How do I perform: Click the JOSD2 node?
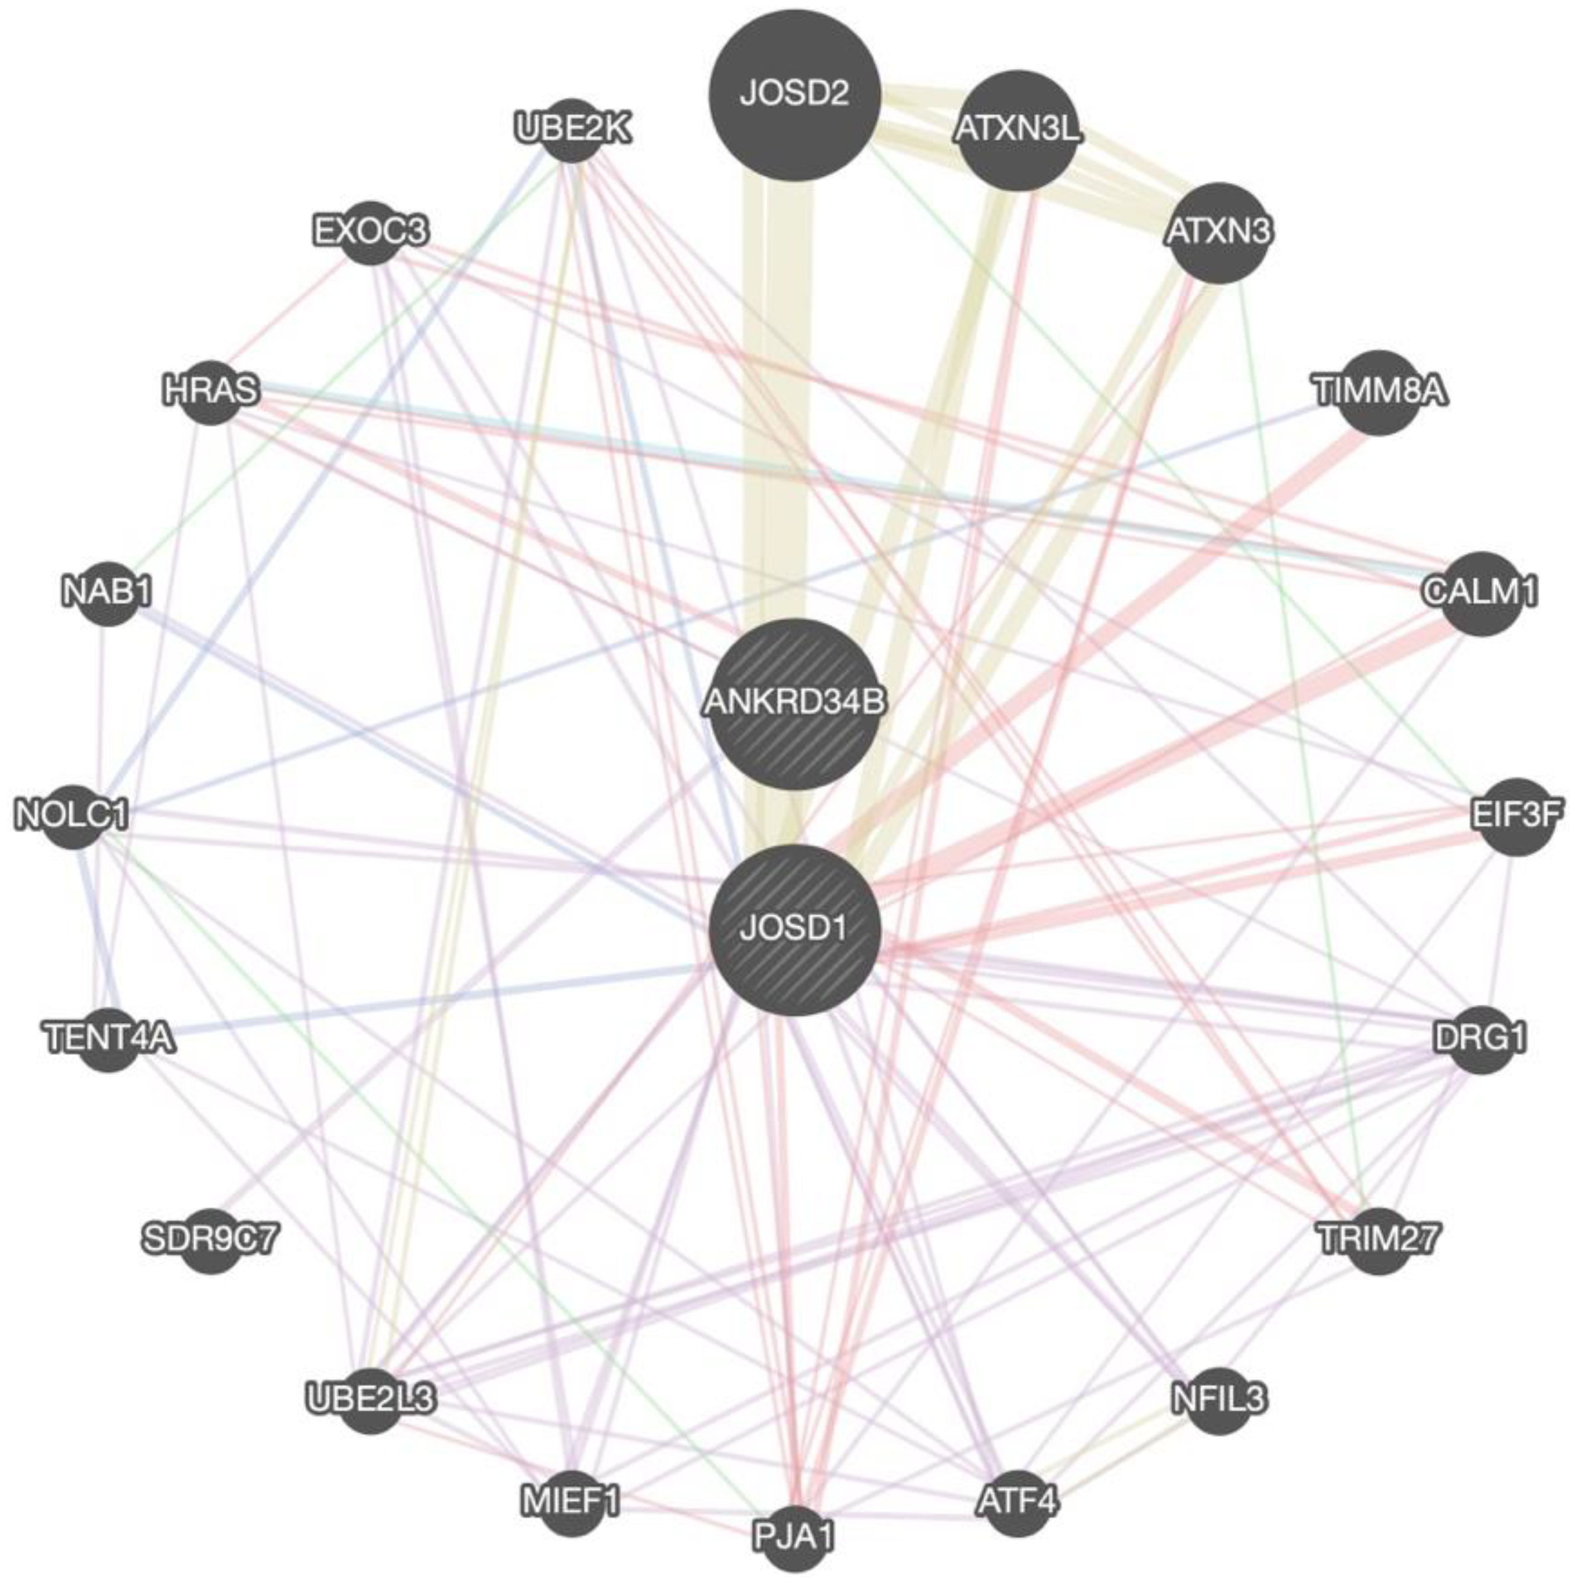tap(794, 95)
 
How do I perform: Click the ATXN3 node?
tap(1219, 233)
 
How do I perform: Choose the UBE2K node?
tap(572, 129)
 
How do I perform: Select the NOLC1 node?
tap(73, 816)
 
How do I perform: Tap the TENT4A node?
tap(109, 1039)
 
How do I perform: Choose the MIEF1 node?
tap(572, 1503)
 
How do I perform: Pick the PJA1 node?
tap(794, 1537)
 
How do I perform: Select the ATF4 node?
tap(1016, 1503)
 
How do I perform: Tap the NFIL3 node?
tap(1219, 1399)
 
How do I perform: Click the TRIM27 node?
tap(1379, 1241)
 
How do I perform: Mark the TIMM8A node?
tap(1379, 391)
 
